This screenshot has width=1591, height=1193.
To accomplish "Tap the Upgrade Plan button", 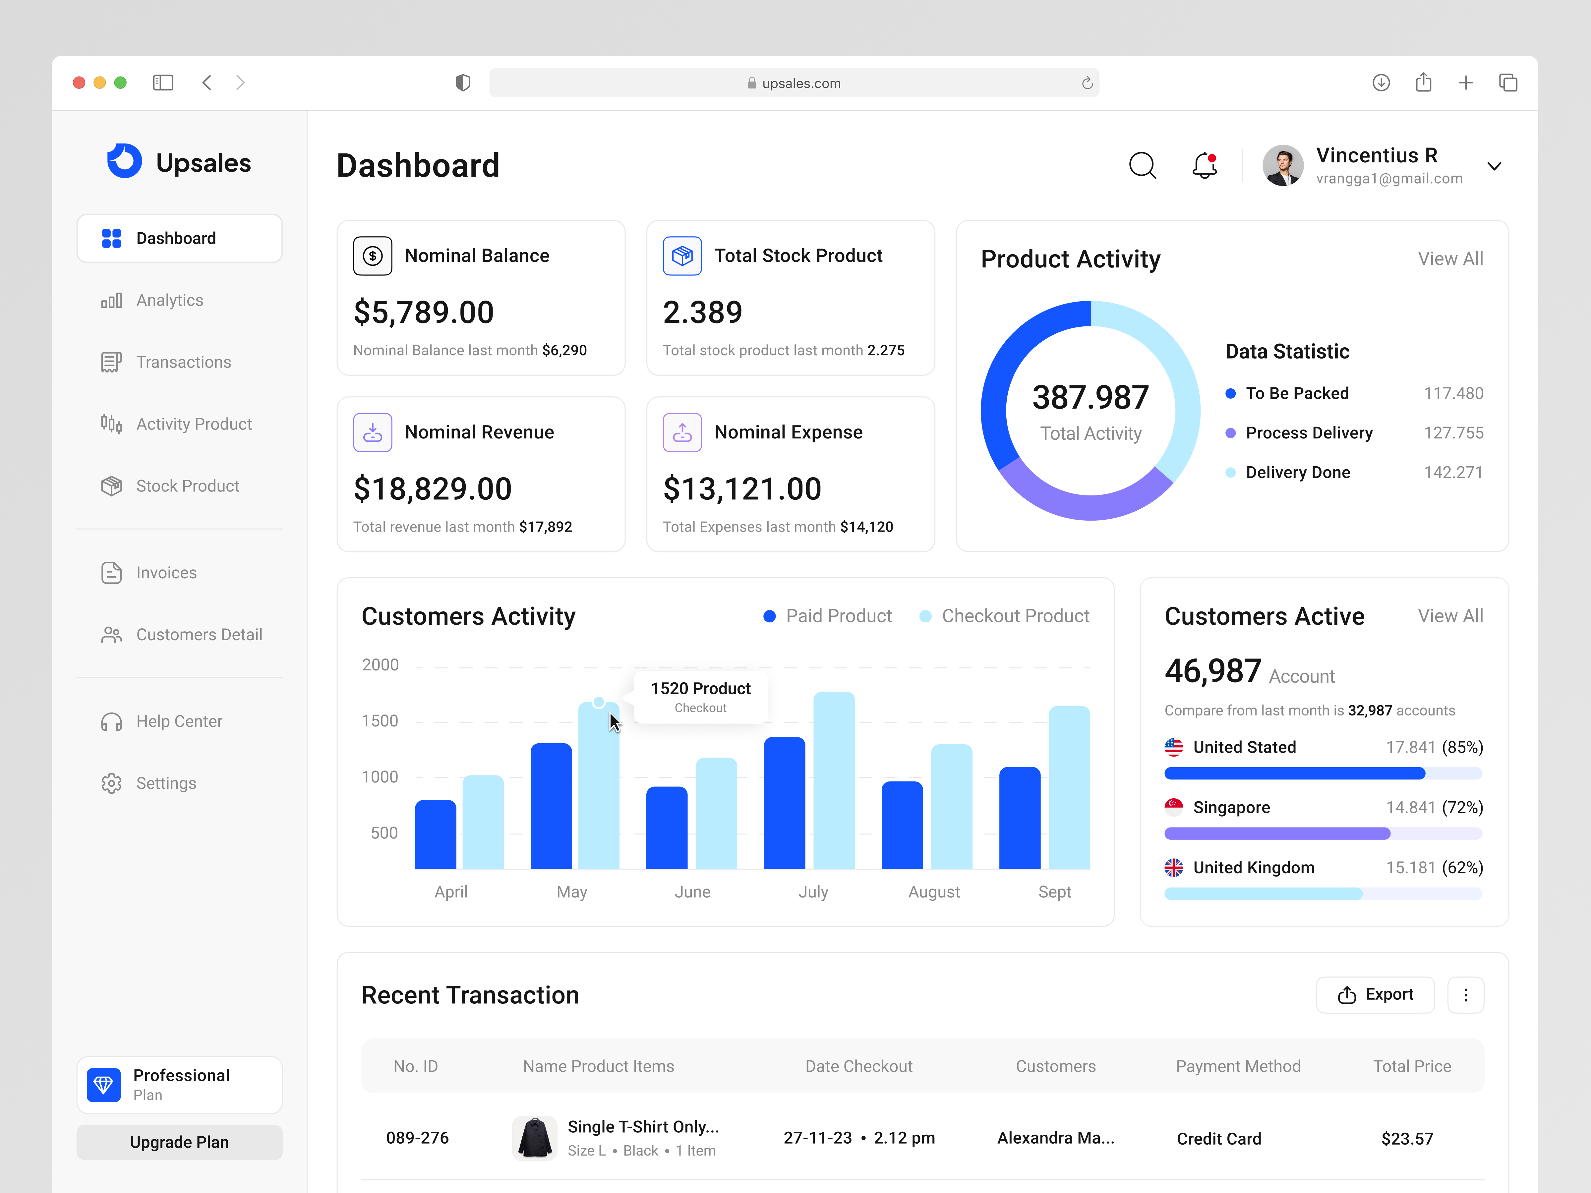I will click(179, 1142).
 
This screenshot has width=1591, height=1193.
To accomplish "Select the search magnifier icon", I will click(1142, 165).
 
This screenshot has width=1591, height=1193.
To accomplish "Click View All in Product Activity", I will click(1450, 259).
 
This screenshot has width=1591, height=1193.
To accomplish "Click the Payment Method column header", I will click(1238, 1066).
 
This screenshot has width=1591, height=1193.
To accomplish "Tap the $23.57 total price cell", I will click(1407, 1138).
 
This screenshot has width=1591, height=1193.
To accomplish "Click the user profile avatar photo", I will click(1282, 165).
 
